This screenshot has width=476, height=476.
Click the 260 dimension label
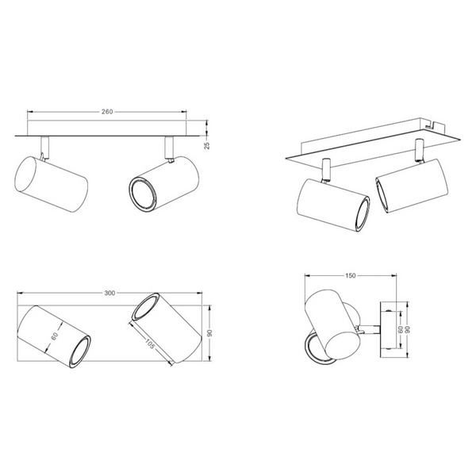click(107, 112)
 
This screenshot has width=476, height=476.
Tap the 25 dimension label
click(207, 146)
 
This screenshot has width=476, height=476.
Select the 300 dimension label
click(109, 293)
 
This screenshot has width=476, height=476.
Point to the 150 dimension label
click(350, 275)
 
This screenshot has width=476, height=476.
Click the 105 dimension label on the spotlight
click(149, 344)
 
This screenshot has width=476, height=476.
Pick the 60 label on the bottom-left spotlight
click(55, 336)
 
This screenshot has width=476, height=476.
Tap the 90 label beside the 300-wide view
click(209, 333)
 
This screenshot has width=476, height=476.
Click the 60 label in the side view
click(401, 329)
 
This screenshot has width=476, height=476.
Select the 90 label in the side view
click(408, 329)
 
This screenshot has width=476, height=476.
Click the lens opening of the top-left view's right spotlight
click(143, 194)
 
